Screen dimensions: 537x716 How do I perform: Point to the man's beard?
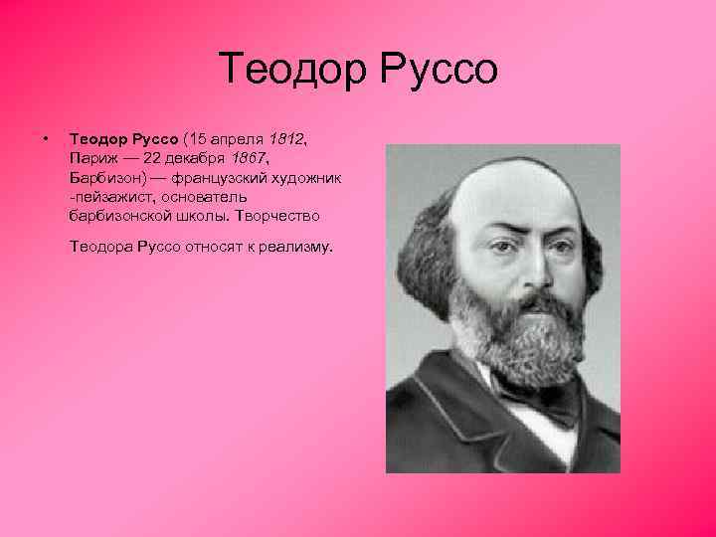tap(522, 338)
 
